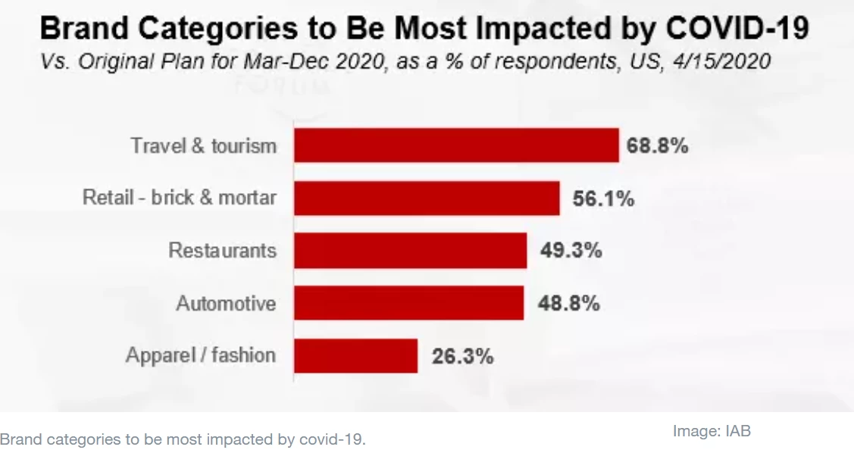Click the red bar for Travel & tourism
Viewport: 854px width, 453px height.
(456, 145)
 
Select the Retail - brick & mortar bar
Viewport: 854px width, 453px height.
(427, 198)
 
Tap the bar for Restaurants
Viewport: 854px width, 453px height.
(410, 251)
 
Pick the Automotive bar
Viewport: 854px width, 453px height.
(408, 303)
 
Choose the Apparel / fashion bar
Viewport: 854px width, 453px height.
(355, 356)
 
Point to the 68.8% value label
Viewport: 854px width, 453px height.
(658, 145)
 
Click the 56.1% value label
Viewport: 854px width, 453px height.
(599, 198)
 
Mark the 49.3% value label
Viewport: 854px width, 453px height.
(571, 251)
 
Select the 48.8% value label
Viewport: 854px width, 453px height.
(568, 304)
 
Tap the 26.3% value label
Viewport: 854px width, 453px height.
(462, 356)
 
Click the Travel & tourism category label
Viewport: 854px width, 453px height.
(204, 145)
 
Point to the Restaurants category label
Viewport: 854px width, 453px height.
(222, 251)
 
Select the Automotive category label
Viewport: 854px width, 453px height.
(226, 304)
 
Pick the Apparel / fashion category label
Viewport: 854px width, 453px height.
(201, 355)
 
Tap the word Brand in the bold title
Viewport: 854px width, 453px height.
(80, 30)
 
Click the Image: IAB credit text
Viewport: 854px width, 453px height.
(712, 431)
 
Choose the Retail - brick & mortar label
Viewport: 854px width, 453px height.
(180, 198)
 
